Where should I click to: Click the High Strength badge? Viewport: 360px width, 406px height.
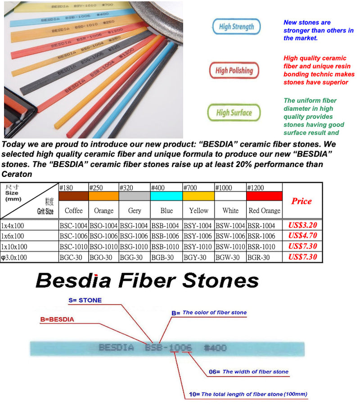point(236,27)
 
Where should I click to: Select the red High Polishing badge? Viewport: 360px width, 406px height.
point(234,70)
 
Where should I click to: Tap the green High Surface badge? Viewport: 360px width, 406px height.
point(234,113)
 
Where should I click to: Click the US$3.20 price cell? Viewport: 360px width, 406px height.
point(302,225)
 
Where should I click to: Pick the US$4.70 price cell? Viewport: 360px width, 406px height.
point(302,235)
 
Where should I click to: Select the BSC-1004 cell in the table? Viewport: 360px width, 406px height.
point(73,226)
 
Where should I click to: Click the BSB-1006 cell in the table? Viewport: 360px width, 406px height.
point(166,236)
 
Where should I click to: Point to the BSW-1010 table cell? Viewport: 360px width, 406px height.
point(230,247)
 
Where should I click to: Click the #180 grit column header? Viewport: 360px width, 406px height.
point(66,187)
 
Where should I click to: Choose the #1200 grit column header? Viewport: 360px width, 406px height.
point(256,187)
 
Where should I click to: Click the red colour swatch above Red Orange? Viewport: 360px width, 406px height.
point(264,196)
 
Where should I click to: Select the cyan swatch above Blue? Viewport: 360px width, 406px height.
point(166,196)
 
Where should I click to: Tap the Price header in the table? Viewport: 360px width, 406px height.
point(301,201)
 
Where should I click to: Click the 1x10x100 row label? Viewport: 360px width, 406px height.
point(14,247)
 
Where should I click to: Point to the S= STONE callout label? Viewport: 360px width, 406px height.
point(85,300)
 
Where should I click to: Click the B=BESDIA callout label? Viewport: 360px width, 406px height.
point(57,320)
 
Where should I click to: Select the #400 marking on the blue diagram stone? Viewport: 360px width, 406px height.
point(216,347)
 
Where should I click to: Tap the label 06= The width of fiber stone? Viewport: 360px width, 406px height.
point(249,371)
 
